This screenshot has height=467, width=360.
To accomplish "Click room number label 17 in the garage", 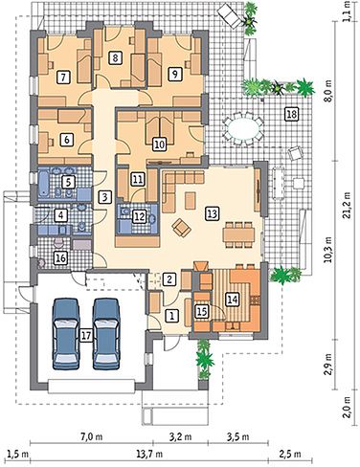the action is click(86, 335).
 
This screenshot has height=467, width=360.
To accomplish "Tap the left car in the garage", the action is click(66, 334).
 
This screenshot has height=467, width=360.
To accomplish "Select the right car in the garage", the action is click(106, 334).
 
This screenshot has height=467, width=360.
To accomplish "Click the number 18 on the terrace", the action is click(292, 114).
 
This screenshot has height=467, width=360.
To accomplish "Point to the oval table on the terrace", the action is click(244, 128).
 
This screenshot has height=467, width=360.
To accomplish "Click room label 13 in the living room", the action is click(212, 213).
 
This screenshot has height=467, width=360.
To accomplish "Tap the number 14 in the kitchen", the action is click(232, 299).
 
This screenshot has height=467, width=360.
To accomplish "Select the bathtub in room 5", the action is click(44, 184).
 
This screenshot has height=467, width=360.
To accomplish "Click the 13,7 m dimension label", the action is click(153, 454).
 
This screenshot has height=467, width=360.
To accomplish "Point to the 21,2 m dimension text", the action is click(346, 205).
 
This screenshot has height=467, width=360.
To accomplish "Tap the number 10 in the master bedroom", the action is click(160, 145).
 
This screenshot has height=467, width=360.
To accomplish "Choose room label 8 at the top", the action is click(115, 57).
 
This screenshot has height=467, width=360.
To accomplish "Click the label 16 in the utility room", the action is click(60, 257).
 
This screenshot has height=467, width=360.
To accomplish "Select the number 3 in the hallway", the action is click(105, 197).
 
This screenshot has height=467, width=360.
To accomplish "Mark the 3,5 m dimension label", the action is click(239, 436).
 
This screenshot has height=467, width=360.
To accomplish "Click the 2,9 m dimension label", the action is click(329, 365).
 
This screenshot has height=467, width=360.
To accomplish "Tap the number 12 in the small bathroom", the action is click(139, 216).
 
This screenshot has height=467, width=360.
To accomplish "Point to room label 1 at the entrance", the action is click(172, 316).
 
